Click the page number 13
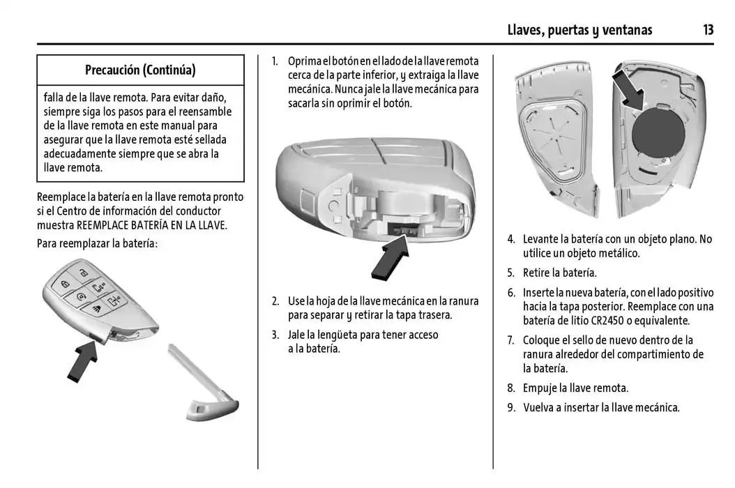coord(708,30)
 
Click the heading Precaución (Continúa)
coord(140,70)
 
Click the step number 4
coord(511,239)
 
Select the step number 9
coord(511,408)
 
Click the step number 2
coord(275,301)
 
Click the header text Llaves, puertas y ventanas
coord(580,30)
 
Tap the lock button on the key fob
coord(65,284)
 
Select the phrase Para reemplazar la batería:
coord(97,244)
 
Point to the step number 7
coord(511,340)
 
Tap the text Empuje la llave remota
coord(575,388)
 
